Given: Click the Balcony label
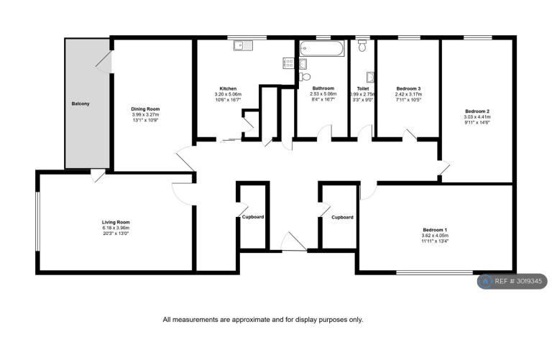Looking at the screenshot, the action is click(x=80, y=103).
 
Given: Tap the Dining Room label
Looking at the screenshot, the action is click(x=145, y=109).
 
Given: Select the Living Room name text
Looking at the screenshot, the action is click(x=116, y=223).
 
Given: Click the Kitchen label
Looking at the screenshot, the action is click(x=228, y=88).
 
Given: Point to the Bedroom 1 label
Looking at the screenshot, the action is click(x=435, y=230).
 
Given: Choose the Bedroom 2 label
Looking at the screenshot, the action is click(x=477, y=111).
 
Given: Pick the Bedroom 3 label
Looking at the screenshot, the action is click(x=408, y=88).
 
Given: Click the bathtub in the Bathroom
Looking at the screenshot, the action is click(x=322, y=49).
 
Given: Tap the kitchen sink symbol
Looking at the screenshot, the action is click(x=243, y=45).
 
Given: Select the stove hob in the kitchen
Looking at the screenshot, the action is click(x=288, y=63).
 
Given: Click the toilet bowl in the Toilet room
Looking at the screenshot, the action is click(x=362, y=46).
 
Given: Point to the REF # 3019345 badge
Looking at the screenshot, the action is click(x=512, y=282).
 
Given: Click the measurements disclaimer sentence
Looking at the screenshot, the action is click(x=263, y=320).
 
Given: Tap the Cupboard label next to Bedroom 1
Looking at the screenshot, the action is click(x=342, y=218).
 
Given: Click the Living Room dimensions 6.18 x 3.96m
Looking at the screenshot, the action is click(x=116, y=228).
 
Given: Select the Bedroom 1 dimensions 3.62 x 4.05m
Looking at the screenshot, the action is click(x=435, y=236).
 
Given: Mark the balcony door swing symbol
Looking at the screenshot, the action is click(x=103, y=63).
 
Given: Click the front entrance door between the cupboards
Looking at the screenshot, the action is click(x=294, y=241).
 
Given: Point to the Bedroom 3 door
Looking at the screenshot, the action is click(x=410, y=135).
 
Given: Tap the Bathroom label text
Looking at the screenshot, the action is click(x=323, y=88).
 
